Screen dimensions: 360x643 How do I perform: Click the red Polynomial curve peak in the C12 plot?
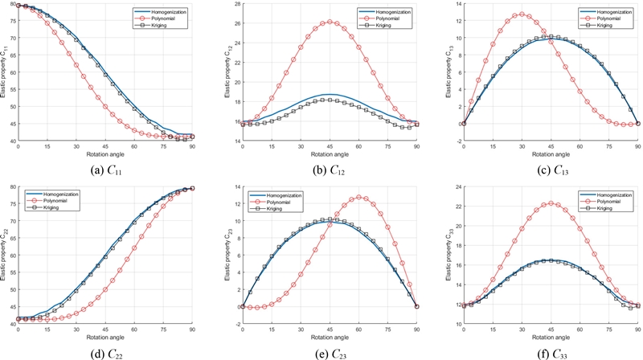point(330,22)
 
